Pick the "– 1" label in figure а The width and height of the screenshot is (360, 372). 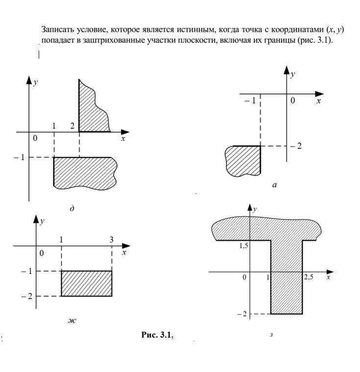tap(250, 101)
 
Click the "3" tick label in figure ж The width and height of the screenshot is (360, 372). tap(112, 239)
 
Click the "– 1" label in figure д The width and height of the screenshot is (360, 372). tap(20, 157)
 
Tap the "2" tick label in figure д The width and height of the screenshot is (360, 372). tap(72, 126)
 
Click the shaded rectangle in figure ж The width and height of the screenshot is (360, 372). tap(86, 283)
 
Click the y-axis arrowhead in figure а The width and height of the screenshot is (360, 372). tap(287, 69)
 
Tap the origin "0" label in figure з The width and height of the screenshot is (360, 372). tap(244, 278)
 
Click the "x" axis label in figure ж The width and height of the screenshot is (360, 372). tap(124, 253)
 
